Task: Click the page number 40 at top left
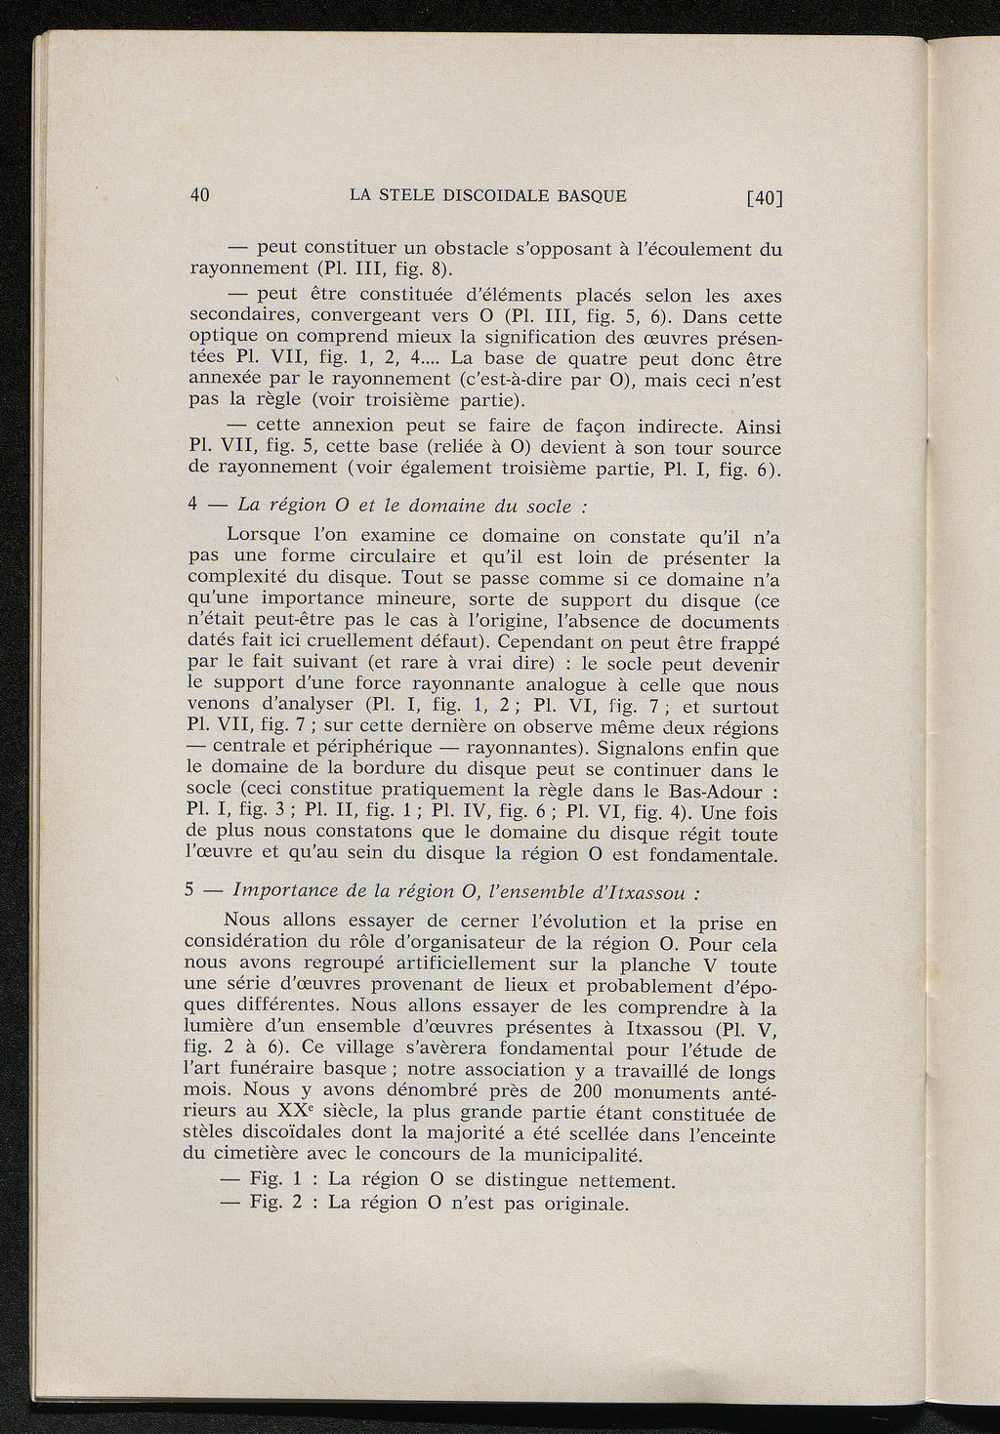pyautogui.click(x=199, y=194)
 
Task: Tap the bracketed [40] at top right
pyautogui.click(x=765, y=197)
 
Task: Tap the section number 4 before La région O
pyautogui.click(x=192, y=505)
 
